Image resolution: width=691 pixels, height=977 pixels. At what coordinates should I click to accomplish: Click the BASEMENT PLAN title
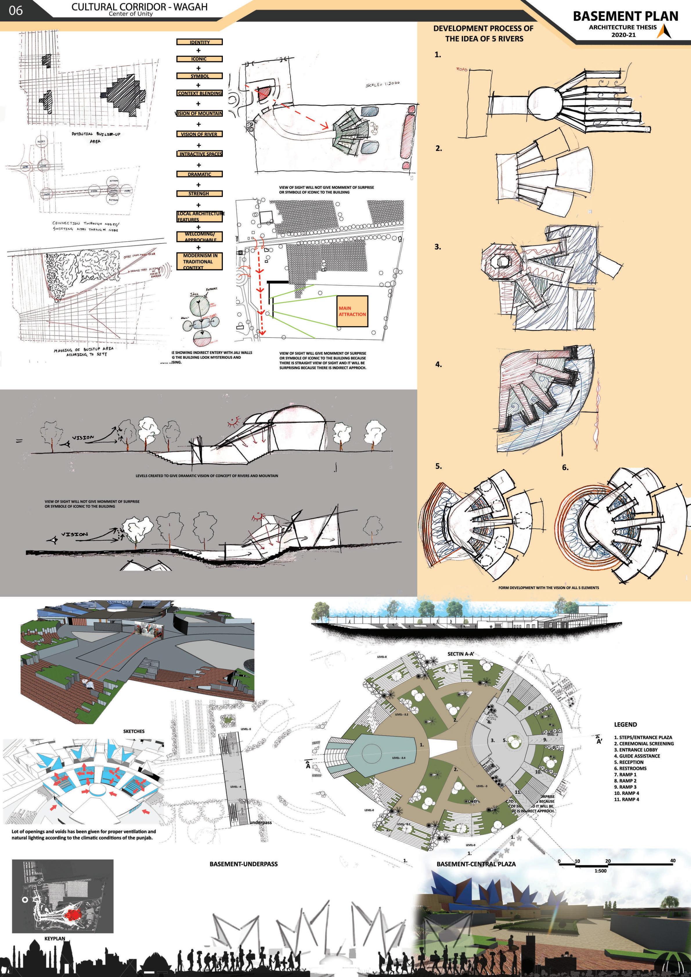pos(625,16)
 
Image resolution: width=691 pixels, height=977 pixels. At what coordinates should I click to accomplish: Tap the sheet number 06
pos(16,10)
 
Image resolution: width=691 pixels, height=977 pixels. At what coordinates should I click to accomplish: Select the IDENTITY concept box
pos(200,42)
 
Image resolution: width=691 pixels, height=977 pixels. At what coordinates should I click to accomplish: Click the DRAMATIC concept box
pos(200,174)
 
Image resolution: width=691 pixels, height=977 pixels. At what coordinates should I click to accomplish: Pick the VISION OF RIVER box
pos(199,134)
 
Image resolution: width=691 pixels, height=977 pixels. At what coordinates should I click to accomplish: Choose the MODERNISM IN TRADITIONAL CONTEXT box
pos(200,261)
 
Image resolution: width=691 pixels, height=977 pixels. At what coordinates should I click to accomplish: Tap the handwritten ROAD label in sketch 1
pos(462,69)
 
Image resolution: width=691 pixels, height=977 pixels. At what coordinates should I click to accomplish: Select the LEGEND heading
pos(625,724)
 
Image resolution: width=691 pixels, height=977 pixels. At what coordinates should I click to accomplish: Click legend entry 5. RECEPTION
pos(628,762)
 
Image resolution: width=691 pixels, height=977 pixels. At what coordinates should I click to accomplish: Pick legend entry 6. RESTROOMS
pos(630,768)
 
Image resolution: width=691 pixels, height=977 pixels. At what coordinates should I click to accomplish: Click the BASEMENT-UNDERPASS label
pos(243,864)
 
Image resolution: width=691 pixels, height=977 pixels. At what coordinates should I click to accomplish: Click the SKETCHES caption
pos(133,731)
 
